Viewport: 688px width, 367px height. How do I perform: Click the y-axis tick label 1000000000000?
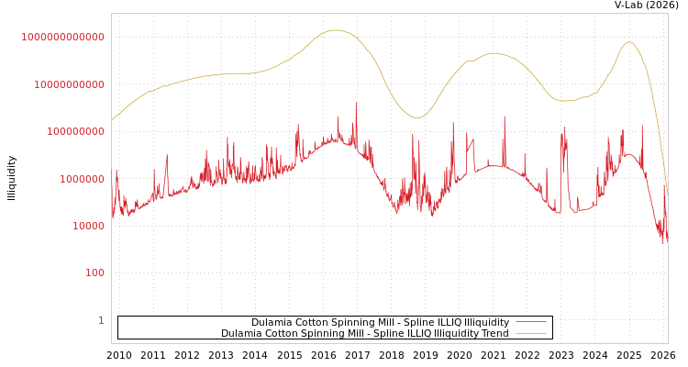point(63,37)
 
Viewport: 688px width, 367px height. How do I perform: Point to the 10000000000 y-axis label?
point(69,84)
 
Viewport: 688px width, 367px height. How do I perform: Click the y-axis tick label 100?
point(95,272)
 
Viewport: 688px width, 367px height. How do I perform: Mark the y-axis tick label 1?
point(102,320)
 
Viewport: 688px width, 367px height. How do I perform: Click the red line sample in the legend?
point(530,322)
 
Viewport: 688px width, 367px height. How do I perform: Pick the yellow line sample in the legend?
point(530,333)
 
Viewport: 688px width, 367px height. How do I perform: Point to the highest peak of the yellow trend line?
point(336,30)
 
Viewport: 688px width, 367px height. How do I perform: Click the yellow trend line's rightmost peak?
point(628,42)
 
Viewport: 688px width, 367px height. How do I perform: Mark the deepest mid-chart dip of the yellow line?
point(416,117)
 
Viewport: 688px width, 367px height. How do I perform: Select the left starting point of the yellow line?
point(112,120)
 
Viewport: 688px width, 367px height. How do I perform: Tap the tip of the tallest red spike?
point(356,103)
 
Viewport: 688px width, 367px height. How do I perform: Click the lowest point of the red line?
point(662,244)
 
